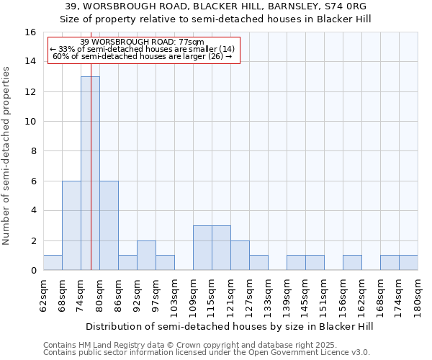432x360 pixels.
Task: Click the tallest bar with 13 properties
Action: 90,173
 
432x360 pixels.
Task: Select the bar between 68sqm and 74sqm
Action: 71,225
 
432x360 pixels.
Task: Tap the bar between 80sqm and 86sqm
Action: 109,225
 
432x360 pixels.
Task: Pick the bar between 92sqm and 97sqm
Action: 146,255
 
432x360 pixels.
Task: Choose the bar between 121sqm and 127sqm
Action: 240,255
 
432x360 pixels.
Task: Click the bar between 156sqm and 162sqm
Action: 352,263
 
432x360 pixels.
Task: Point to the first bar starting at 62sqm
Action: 53,263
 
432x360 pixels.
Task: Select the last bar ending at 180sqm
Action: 408,263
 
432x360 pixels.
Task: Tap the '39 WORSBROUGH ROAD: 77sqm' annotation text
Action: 143,42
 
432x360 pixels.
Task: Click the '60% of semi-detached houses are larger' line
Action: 143,56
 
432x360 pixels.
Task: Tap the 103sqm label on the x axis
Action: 175,295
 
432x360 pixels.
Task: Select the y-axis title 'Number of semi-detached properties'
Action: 7,156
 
